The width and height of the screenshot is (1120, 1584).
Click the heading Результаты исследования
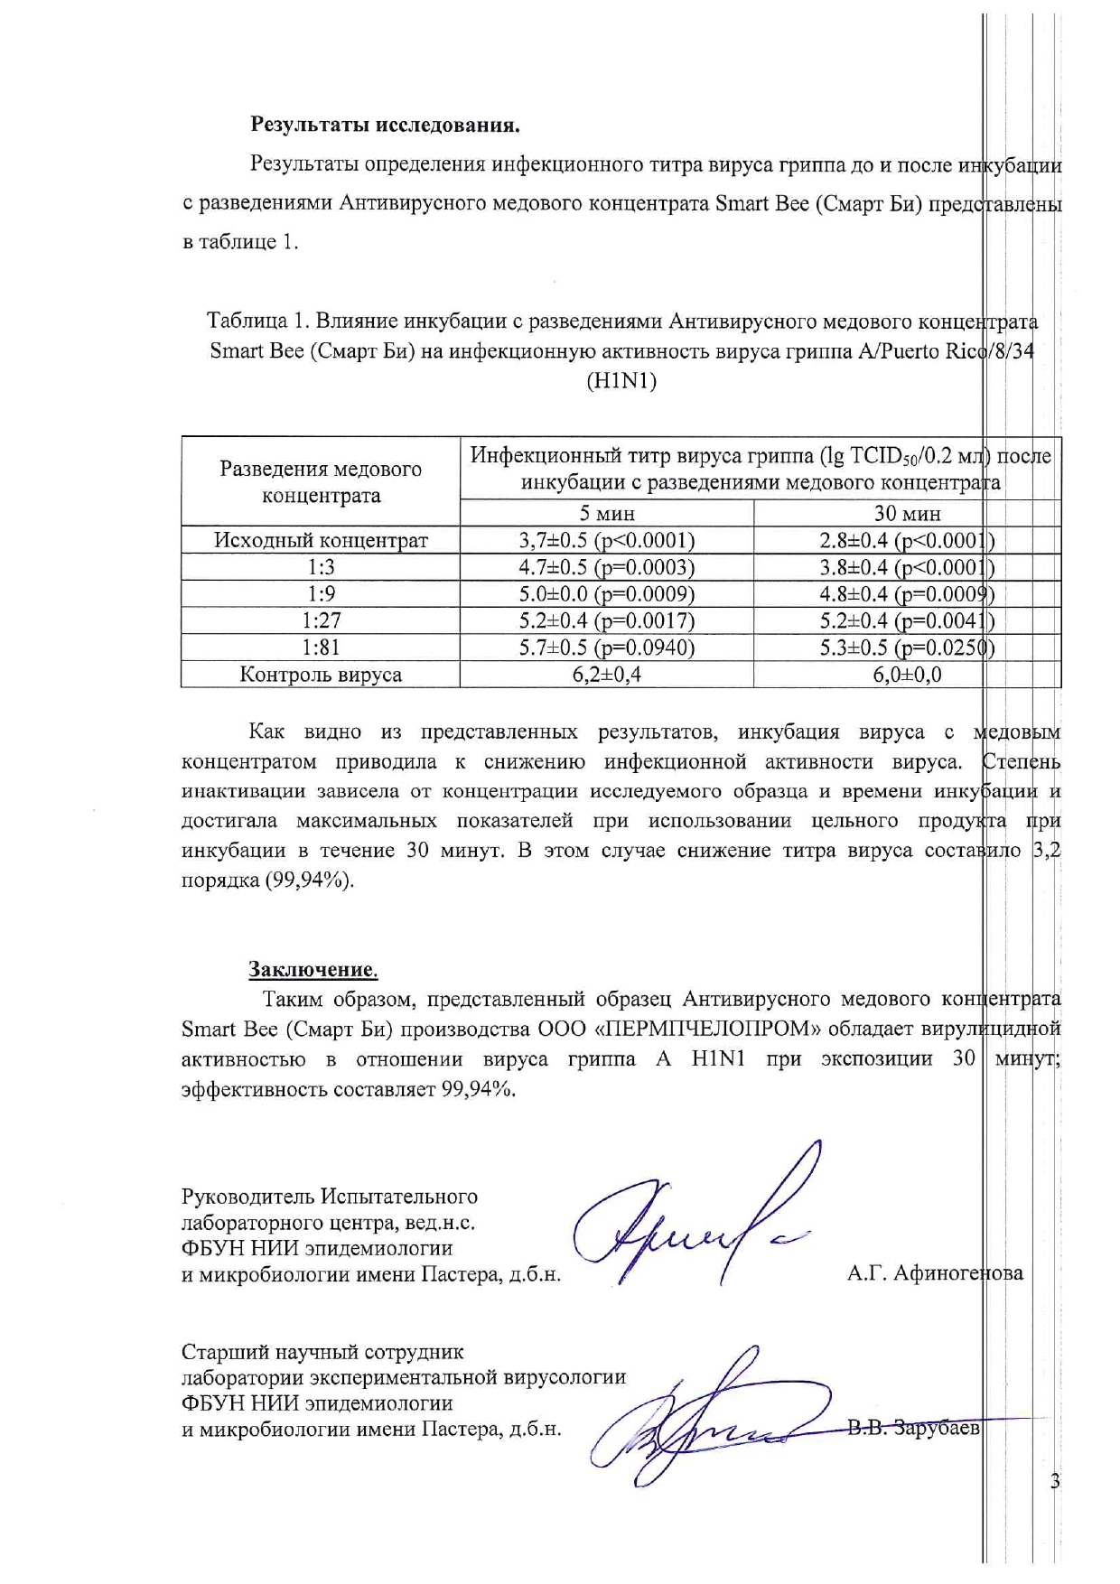tap(385, 125)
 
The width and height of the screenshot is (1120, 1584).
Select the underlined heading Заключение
tap(313, 970)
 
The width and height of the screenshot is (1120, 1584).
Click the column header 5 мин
tap(607, 514)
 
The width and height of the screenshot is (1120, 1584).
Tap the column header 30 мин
tap(907, 514)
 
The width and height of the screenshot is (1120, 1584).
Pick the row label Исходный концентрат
tap(321, 541)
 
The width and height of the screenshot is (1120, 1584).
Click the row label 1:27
tap(321, 621)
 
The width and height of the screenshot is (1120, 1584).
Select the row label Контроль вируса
tap(321, 675)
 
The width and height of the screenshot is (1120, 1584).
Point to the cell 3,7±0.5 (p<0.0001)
tap(607, 541)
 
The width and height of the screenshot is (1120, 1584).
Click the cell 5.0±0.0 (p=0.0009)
tap(607, 594)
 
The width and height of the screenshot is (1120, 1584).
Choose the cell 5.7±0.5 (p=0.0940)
tap(607, 648)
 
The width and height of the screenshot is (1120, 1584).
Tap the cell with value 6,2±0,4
tap(607, 675)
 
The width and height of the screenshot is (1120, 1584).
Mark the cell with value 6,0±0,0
tap(907, 675)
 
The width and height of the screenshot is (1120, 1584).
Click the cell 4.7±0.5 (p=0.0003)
tap(607, 568)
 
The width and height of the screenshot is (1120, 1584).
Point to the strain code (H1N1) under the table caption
tap(621, 381)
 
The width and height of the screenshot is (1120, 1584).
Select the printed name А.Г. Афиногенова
tap(935, 1273)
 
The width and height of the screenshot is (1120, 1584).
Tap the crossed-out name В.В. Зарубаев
tap(913, 1429)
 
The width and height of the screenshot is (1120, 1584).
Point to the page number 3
tap(1055, 1481)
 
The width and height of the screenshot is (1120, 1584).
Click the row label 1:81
tap(321, 648)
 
